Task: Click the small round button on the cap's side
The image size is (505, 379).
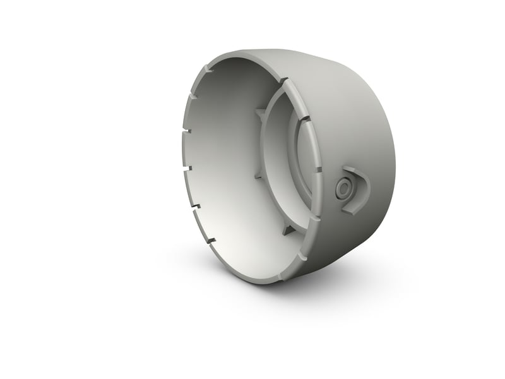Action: tap(345, 188)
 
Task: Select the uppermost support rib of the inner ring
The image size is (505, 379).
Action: tap(259, 114)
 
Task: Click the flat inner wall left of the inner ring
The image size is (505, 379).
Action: tap(227, 164)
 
